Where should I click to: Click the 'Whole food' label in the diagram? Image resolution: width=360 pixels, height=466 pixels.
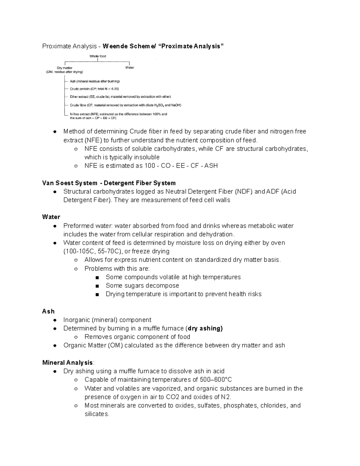[x=97, y=56]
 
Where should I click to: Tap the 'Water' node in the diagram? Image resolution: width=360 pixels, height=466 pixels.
[x=129, y=68]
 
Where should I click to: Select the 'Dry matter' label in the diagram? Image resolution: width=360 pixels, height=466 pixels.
[x=64, y=68]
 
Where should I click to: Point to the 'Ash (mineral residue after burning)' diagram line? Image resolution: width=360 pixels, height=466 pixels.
[x=94, y=81]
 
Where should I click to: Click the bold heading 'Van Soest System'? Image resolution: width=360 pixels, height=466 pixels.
[x=70, y=183]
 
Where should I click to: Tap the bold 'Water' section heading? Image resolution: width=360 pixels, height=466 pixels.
[x=51, y=217]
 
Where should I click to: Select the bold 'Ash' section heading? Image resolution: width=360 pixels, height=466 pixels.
[x=48, y=311]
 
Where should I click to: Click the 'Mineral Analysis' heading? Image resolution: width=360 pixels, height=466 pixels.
[x=67, y=362]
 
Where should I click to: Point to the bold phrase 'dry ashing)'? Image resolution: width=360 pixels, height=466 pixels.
[x=205, y=328]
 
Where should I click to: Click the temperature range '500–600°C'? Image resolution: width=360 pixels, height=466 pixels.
[x=216, y=380]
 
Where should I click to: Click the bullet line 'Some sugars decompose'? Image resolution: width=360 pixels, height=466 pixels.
[x=142, y=285]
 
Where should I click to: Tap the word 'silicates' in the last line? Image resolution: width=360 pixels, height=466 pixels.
[x=96, y=414]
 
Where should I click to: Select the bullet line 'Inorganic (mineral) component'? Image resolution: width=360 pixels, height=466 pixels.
[x=107, y=320]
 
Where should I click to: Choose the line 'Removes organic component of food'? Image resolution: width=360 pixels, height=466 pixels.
[x=137, y=337]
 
